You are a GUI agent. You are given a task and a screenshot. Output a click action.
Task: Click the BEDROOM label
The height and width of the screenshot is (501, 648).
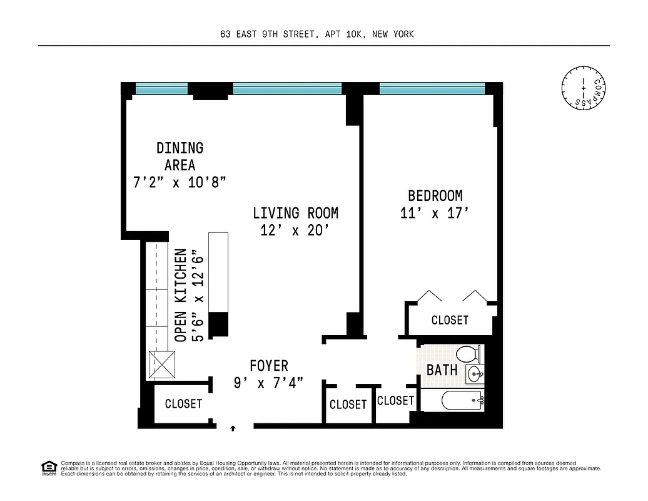pos(435,195)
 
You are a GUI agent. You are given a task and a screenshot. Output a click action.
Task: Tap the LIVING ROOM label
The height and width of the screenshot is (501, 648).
pos(295,213)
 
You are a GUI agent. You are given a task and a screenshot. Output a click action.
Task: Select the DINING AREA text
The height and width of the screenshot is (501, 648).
pos(180,157)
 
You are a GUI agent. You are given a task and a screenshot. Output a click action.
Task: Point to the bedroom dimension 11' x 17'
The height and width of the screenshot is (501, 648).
pos(434,214)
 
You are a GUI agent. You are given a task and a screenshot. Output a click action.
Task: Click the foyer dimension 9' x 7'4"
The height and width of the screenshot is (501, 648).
pos(269,383)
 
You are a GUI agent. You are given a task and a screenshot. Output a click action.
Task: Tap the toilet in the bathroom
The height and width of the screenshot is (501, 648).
pos(468,354)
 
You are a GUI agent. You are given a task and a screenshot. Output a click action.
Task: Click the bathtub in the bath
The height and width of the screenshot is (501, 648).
pos(462,400)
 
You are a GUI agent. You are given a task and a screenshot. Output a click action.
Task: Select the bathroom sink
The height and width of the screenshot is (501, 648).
pos(473,376)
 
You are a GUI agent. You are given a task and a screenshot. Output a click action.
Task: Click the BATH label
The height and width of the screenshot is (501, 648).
pos(442,370)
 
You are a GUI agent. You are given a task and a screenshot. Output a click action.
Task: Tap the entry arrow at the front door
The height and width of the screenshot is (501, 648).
pos(233,428)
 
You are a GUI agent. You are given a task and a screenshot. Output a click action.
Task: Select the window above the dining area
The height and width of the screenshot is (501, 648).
pos(161,89)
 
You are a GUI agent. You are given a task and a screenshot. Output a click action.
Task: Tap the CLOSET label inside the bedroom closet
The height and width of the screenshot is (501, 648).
pos(450,320)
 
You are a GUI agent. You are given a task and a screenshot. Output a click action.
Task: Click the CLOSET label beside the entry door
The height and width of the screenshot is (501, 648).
pos(183,404)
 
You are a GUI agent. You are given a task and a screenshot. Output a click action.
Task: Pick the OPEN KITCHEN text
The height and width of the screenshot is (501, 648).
pos(181,295)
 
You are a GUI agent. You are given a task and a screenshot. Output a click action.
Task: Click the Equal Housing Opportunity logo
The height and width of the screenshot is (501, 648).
pos(48,467)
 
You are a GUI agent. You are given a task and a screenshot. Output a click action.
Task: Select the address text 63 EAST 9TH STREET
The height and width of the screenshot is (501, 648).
pos(270,34)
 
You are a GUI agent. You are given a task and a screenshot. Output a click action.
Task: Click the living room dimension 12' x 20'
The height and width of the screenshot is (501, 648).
pos(295,230)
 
